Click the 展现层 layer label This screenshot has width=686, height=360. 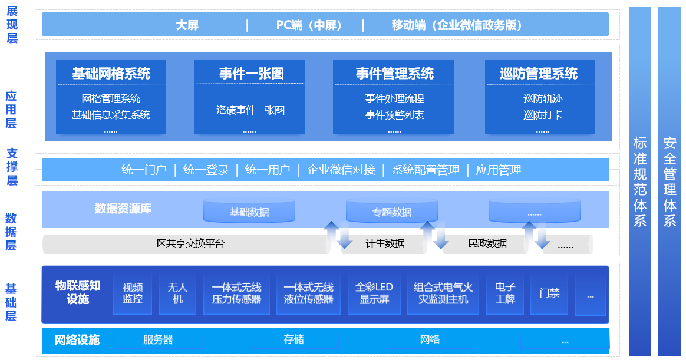(x=12, y=25)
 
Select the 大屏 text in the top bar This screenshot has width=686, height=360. (x=187, y=25)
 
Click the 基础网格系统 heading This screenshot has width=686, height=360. (x=111, y=74)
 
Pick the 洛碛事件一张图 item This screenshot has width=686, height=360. (x=250, y=110)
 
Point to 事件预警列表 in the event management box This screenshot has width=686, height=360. (x=394, y=115)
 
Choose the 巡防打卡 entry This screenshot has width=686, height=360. (x=542, y=115)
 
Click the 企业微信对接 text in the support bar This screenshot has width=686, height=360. (x=341, y=170)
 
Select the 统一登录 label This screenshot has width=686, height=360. (x=206, y=170)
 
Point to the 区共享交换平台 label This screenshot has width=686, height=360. (x=190, y=243)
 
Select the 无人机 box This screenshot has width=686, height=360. (x=177, y=293)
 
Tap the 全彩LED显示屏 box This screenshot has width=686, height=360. (x=374, y=293)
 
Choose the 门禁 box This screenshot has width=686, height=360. (x=549, y=293)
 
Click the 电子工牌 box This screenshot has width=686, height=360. (x=505, y=293)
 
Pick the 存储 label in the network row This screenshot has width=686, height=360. (x=293, y=339)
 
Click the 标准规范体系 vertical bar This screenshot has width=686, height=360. (x=640, y=181)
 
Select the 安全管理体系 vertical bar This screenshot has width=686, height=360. (x=669, y=181)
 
